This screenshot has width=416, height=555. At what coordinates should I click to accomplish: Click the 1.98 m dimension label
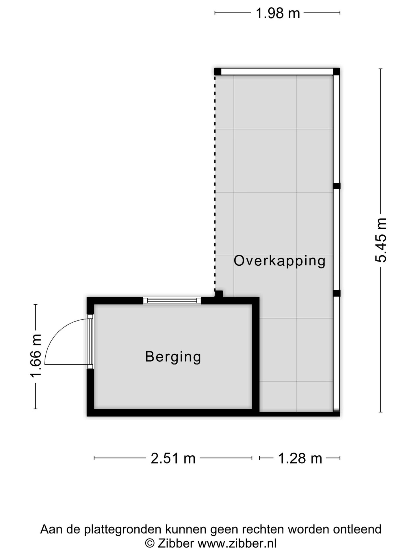click(x=278, y=13)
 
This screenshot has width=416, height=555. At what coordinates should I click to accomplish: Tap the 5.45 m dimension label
click(x=381, y=240)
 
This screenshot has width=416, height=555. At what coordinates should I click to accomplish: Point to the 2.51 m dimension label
click(x=173, y=458)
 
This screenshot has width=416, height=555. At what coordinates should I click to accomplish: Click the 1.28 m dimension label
click(x=300, y=458)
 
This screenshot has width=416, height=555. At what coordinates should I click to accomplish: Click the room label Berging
click(x=173, y=356)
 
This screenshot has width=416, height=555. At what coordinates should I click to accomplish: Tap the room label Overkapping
click(x=279, y=261)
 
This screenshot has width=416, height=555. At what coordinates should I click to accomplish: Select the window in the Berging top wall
click(x=172, y=301)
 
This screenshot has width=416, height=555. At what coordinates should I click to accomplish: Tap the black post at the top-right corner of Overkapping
click(x=336, y=71)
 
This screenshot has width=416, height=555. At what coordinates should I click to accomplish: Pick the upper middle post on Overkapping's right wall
click(x=337, y=186)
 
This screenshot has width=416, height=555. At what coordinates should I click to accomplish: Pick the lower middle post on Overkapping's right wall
click(x=337, y=293)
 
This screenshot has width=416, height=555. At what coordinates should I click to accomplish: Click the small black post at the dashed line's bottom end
click(x=219, y=294)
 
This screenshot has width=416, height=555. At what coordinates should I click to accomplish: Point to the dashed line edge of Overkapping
click(x=215, y=182)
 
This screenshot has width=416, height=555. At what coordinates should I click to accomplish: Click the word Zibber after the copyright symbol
click(x=175, y=543)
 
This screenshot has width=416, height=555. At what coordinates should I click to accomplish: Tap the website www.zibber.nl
click(x=237, y=543)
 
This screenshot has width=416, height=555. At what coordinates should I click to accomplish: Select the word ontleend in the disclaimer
click(x=357, y=529)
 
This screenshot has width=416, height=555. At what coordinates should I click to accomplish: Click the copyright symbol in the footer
click(x=150, y=543)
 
